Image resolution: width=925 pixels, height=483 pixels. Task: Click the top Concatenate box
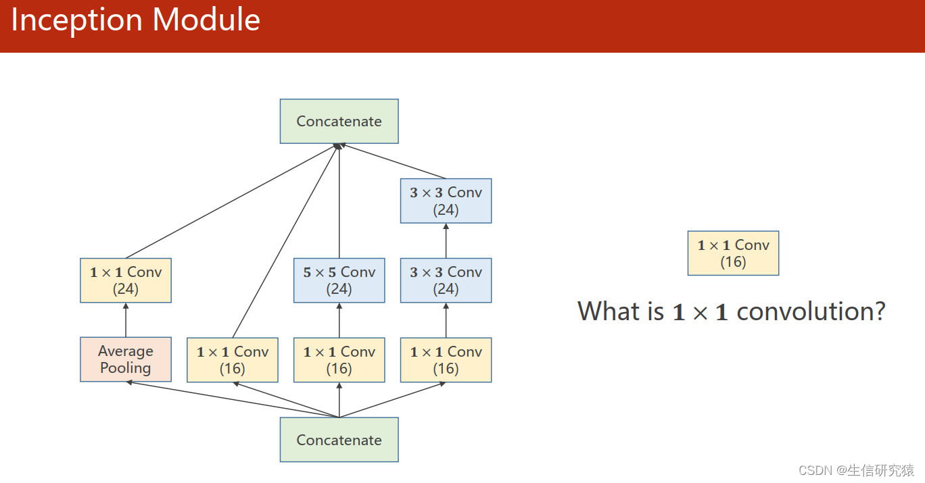339,122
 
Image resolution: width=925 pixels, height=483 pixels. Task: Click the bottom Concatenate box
339,440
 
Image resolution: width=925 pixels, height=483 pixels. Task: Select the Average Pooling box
126,359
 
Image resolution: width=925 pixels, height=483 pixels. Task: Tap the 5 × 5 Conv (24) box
339,280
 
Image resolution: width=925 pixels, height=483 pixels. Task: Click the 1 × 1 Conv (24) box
126,280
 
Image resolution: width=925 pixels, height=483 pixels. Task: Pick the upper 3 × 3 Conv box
446,201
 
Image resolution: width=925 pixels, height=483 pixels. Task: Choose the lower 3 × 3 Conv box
446,280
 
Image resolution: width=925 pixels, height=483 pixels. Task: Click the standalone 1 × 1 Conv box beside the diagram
734,253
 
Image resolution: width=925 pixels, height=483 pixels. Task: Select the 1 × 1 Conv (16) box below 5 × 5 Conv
339,360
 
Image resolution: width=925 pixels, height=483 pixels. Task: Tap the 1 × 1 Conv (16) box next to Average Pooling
233,360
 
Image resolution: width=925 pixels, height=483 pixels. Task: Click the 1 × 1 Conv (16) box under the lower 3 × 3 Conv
446,360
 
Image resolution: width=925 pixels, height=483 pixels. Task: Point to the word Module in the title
206,19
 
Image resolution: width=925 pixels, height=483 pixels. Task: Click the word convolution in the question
811,311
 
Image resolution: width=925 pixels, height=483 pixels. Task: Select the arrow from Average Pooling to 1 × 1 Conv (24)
126,320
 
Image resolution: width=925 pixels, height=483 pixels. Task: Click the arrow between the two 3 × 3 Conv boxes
446,241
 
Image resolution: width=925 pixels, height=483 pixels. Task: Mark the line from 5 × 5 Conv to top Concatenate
339,201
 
